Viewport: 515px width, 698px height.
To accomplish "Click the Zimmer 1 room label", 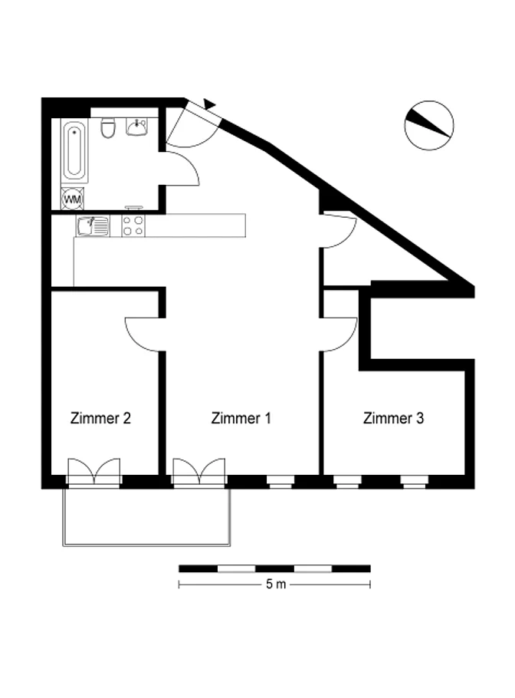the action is tap(241, 418).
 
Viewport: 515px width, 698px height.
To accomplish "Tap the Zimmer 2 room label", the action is tap(100, 418).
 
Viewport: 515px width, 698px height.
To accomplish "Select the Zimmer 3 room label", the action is tap(393, 418).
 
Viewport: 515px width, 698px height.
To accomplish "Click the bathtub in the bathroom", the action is tap(74, 150).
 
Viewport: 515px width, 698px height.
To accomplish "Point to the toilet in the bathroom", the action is tap(108, 127).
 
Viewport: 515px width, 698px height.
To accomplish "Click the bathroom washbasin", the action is tap(137, 127).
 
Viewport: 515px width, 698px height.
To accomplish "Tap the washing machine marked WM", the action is tap(73, 199).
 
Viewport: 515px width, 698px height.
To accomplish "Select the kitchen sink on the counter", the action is tap(93, 226).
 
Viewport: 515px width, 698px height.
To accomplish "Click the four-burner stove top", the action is tap(133, 226).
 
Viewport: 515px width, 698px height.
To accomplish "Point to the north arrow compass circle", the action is tap(429, 125).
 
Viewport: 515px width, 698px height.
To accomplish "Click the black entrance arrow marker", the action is tap(209, 104).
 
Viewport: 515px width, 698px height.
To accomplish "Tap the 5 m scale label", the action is tap(276, 584).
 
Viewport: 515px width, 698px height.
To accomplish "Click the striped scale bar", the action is tap(274, 568).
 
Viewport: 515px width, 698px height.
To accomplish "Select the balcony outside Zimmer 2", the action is tap(146, 517).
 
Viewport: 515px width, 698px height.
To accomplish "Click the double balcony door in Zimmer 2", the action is tap(93, 472).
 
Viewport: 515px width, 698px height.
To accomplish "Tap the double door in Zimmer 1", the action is tap(199, 472).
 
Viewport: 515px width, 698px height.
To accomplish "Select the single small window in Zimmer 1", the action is tap(280, 482).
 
